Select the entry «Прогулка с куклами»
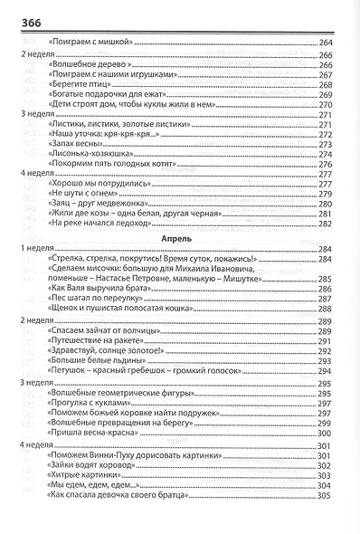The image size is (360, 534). tap(90, 406)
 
